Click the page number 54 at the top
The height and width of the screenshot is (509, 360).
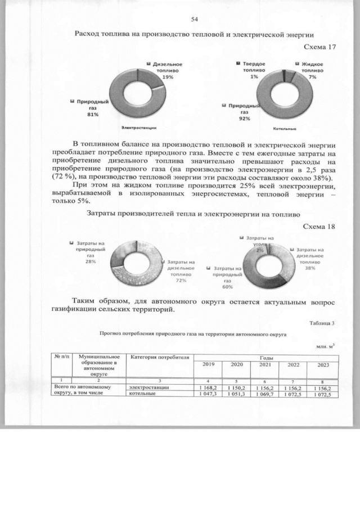click(x=195, y=19)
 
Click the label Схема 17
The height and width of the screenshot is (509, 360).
click(x=319, y=47)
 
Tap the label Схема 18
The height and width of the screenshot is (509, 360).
click(x=319, y=227)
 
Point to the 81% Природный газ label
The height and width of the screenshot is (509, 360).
click(x=92, y=108)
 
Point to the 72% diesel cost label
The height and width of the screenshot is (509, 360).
click(x=181, y=271)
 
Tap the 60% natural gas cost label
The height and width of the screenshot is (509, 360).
click(x=227, y=278)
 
